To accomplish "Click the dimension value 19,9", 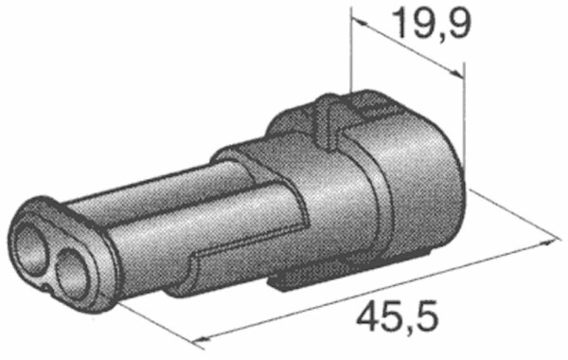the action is tap(434, 23).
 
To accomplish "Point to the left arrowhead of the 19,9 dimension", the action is tap(359, 21).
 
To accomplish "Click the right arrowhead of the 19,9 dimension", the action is tap(456, 73).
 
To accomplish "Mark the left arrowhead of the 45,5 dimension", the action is tap(201, 339).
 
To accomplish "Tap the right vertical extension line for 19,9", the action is tap(464, 113).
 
